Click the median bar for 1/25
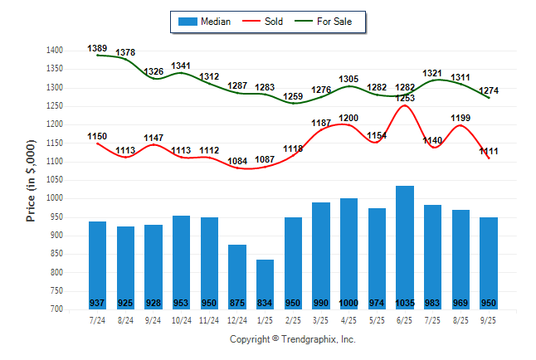(x=266, y=282)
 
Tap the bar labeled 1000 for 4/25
(x=349, y=253)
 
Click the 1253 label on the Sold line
(x=405, y=98)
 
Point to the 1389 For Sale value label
(x=98, y=49)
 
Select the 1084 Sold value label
(x=237, y=161)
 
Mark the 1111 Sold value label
(x=489, y=151)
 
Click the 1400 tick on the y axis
(x=54, y=51)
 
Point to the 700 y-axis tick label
(x=56, y=309)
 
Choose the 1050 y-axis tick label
(x=54, y=180)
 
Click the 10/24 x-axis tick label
(x=182, y=320)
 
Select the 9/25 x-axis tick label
(x=489, y=320)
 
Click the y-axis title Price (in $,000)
(x=31, y=179)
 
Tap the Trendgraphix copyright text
(x=292, y=339)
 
